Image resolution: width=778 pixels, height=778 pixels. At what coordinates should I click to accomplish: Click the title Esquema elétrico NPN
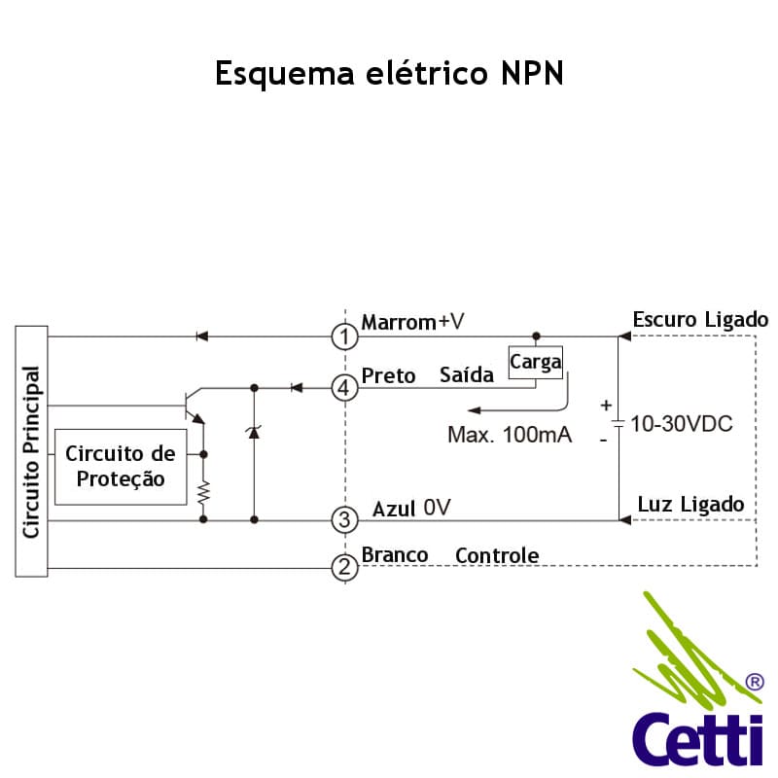coord(389,75)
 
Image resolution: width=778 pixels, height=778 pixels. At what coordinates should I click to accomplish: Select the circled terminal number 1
coord(345,336)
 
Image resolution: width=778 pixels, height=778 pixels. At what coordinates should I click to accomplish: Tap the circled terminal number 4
coord(345,388)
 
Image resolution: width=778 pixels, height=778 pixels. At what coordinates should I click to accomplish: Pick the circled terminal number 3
coord(345,520)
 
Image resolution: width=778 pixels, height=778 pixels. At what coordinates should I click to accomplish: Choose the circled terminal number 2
coord(345,567)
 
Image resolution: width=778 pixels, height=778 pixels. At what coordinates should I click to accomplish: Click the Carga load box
coord(536,362)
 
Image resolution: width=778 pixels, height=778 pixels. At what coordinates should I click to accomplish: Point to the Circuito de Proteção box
coord(121,467)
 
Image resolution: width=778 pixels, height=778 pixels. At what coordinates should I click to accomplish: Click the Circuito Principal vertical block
coord(31,451)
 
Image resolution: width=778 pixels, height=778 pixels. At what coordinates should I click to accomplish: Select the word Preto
coord(388,375)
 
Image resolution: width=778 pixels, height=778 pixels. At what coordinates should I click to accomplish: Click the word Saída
coord(467,375)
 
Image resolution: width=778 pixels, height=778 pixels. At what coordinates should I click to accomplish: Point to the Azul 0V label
coord(411,509)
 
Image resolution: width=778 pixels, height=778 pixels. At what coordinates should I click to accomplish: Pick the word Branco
coord(395,555)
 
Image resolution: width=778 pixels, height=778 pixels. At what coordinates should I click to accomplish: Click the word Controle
coord(497,555)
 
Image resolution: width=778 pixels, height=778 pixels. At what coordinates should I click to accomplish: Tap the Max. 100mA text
coord(510,435)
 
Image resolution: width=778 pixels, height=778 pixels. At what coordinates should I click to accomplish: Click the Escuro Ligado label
coord(700,320)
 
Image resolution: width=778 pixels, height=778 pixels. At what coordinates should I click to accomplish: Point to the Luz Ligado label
coord(690,504)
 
